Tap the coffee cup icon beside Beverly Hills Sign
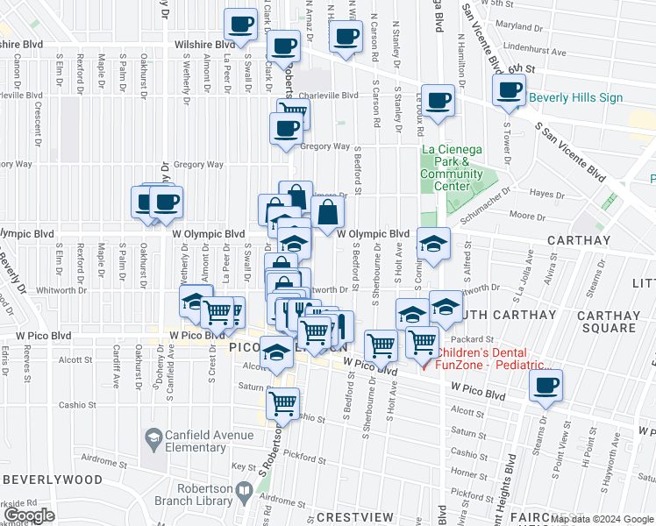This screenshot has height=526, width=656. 509,90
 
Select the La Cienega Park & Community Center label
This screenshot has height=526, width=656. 452,167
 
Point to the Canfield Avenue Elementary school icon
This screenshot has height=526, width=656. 153,437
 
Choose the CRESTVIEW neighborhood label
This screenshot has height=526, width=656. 355,517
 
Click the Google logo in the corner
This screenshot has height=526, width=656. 30,516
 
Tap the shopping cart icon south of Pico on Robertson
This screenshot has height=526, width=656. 282,403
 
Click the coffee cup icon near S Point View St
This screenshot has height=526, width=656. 545,385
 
